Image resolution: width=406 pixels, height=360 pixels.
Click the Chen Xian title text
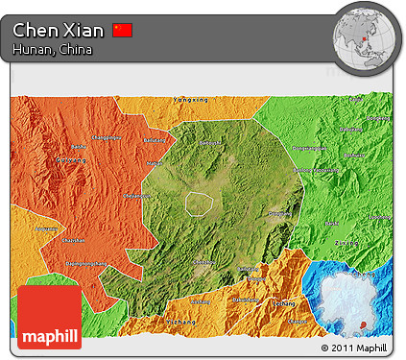tap(59, 30)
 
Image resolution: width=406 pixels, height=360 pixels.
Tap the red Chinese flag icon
tap(122, 30)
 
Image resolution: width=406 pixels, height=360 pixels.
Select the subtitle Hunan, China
tap(53, 50)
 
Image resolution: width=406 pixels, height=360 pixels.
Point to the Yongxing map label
tap(189, 100)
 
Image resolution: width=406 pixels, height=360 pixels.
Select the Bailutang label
tap(154, 140)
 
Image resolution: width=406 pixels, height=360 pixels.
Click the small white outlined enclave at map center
tap(199, 204)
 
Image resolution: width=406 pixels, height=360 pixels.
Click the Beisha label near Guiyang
tap(76, 147)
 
